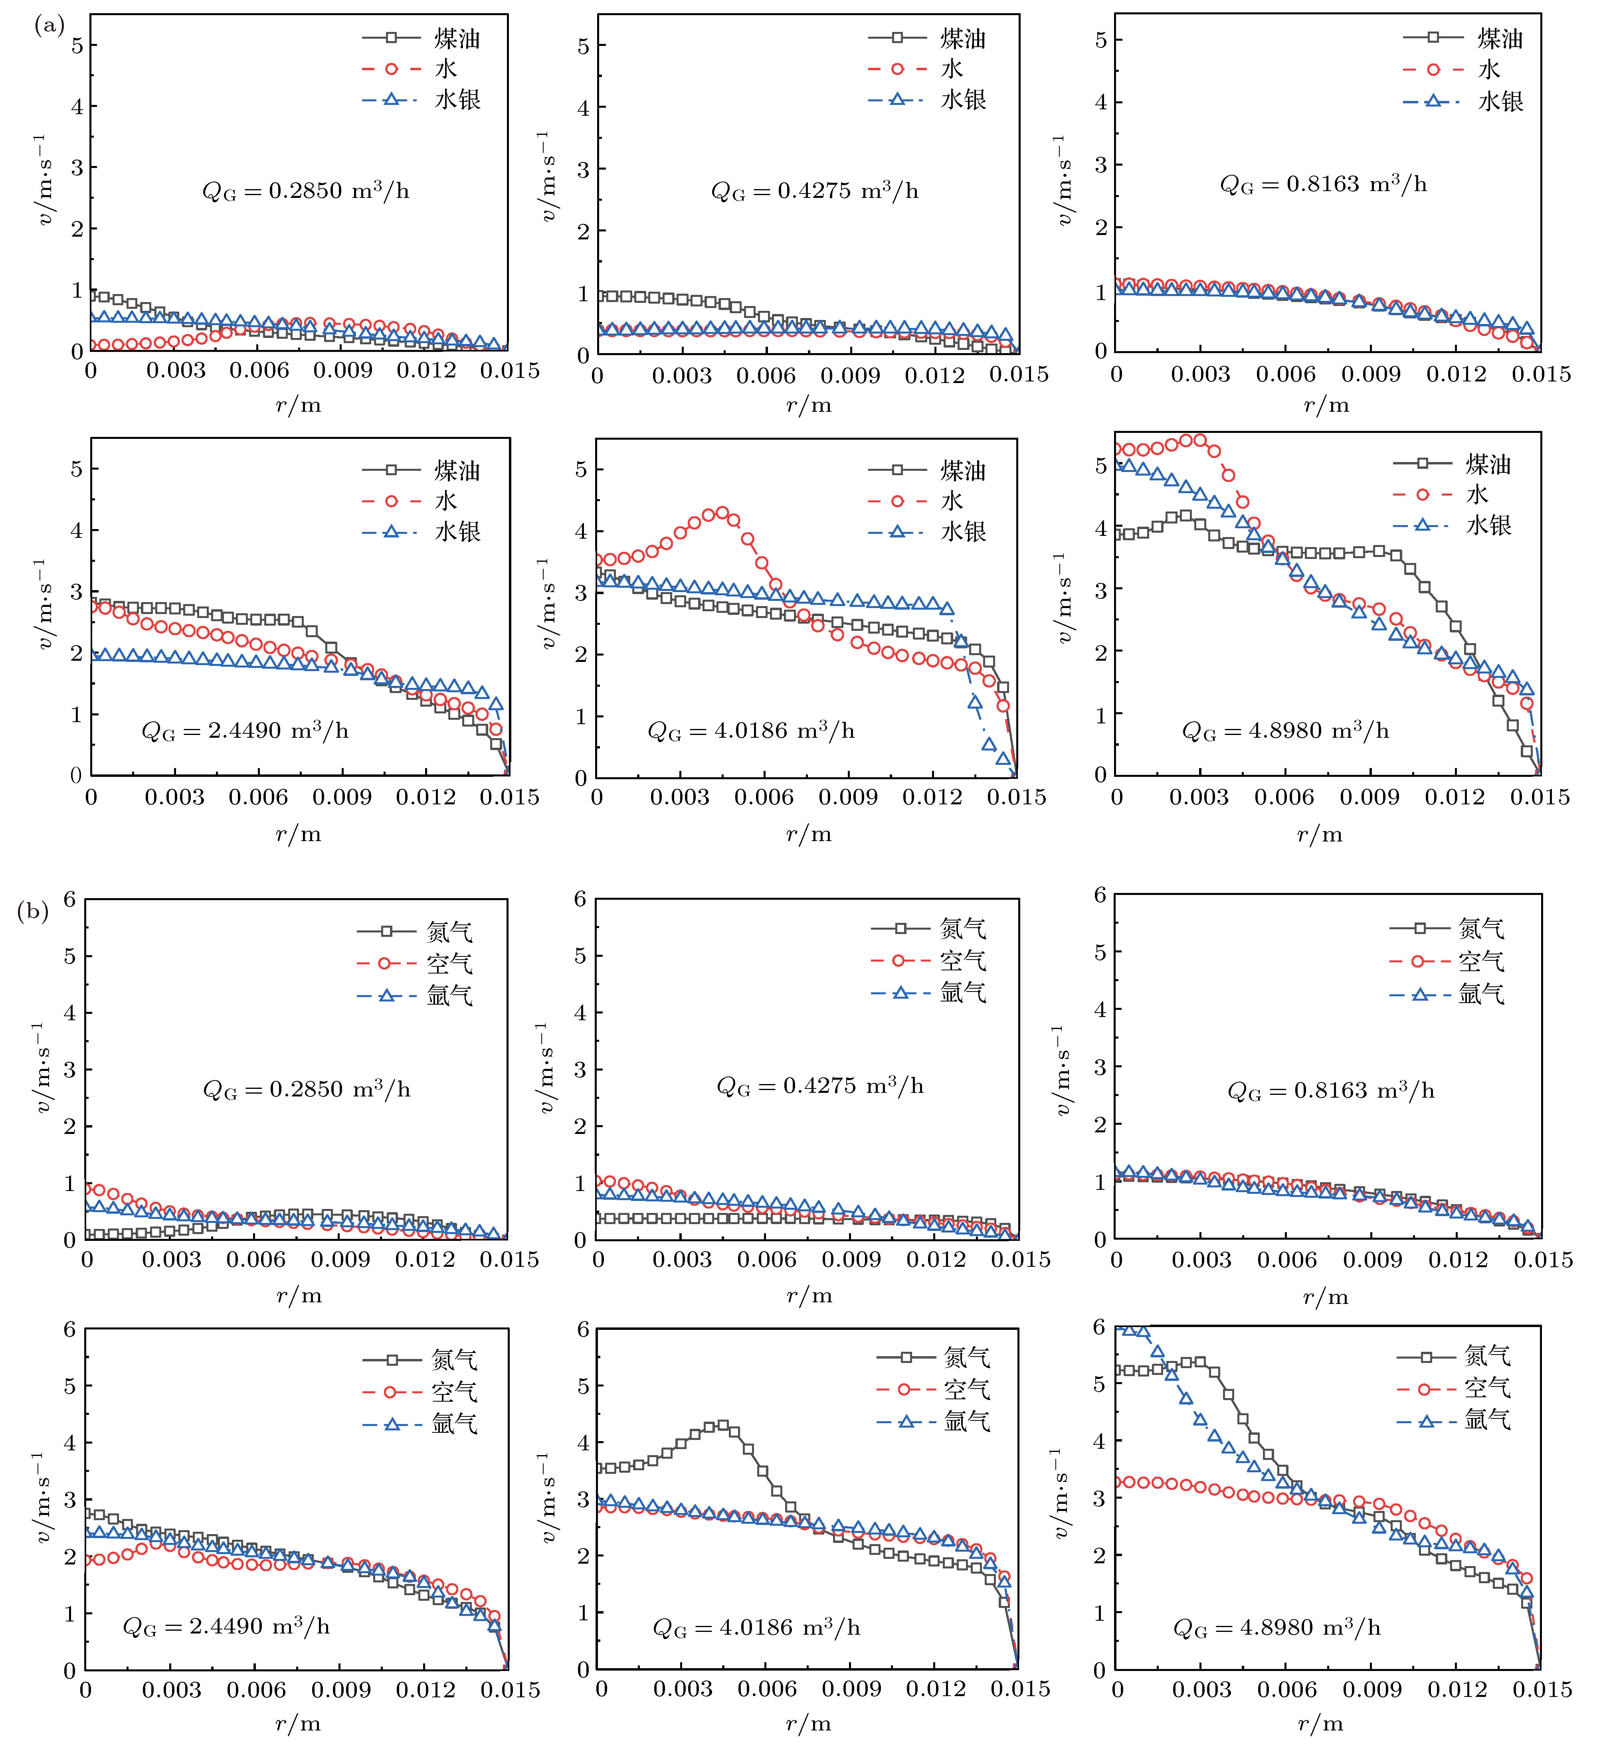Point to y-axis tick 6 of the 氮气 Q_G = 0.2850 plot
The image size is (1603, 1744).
pyautogui.click(x=69, y=899)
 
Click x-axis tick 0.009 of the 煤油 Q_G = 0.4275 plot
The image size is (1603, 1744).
pyautogui.click(x=850, y=375)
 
